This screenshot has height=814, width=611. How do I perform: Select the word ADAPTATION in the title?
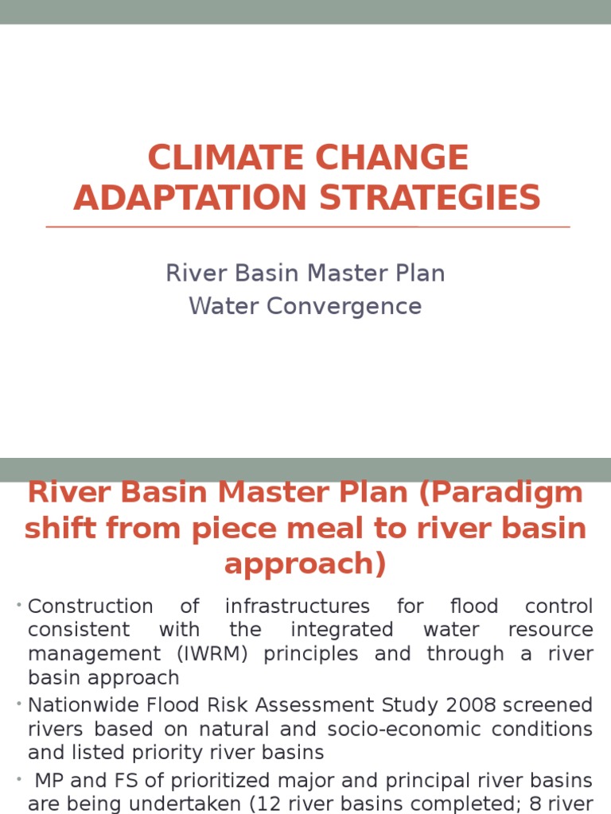[195, 198]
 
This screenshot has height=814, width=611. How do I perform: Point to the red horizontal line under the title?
[307, 227]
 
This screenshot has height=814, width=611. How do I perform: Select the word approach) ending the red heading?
[305, 564]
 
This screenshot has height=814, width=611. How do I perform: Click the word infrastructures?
[298, 607]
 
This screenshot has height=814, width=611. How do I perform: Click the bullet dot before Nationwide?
[18, 705]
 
